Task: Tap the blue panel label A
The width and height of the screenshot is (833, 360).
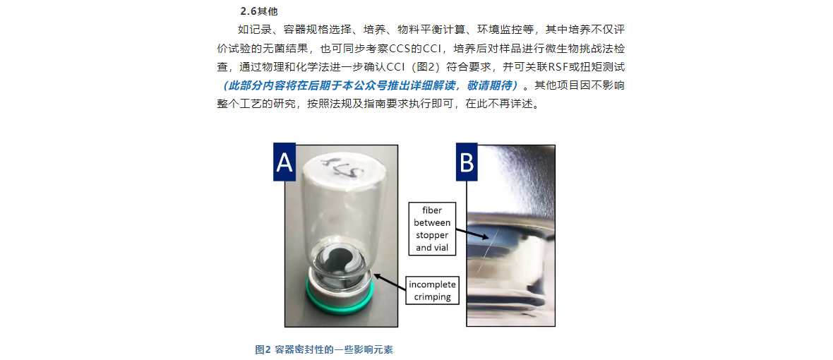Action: click(x=284, y=162)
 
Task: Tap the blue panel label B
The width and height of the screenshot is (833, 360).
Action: click(x=467, y=162)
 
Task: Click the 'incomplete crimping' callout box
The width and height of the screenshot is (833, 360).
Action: click(x=433, y=291)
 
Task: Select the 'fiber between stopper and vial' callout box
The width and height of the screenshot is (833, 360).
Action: click(x=433, y=229)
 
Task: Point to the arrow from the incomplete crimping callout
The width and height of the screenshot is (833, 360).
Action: click(x=389, y=280)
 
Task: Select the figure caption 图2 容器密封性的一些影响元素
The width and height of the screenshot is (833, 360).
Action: click(x=324, y=349)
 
